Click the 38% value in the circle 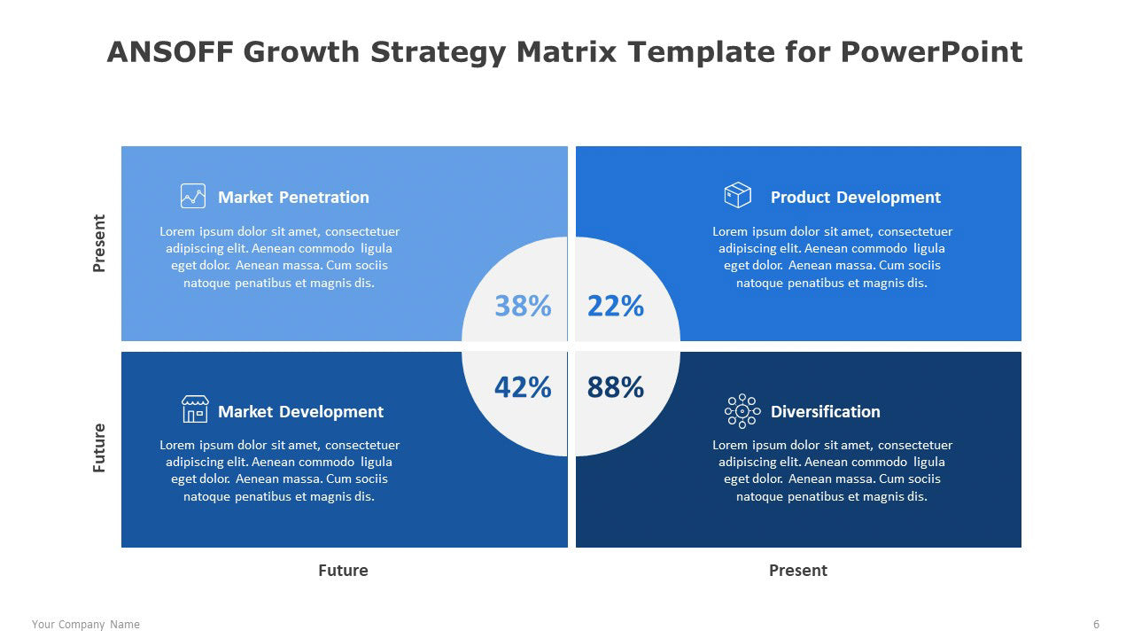click(523, 306)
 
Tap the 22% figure click(616, 306)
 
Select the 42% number click(523, 387)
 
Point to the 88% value click(616, 387)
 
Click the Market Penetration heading click(293, 197)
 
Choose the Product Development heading click(856, 197)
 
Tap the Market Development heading click(300, 412)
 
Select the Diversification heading click(825, 412)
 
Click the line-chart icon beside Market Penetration click(193, 196)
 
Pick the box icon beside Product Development click(738, 195)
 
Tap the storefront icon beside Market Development click(195, 409)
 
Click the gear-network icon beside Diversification click(742, 411)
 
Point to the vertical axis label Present click(99, 243)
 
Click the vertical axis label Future click(99, 448)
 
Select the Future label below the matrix click(343, 571)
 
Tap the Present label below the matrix click(798, 571)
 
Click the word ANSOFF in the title click(170, 52)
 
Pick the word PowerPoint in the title click(931, 52)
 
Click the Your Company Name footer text click(86, 625)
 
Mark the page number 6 click(1097, 625)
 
